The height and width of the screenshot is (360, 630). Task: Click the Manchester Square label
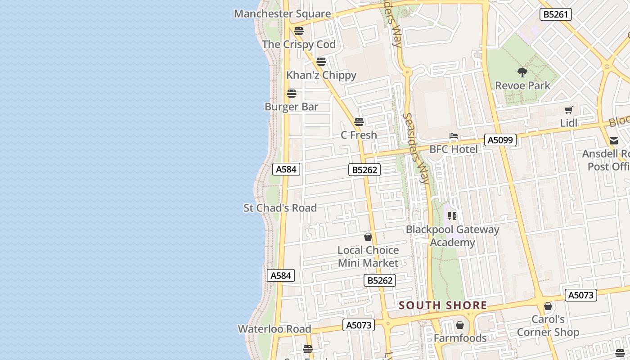(282, 13)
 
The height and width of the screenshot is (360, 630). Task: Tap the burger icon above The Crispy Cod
(299, 31)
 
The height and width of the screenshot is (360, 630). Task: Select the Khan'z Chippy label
(321, 75)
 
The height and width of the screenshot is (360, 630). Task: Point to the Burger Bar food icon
(292, 94)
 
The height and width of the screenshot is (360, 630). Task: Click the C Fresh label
(359, 135)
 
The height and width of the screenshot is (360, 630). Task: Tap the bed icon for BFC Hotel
(454, 136)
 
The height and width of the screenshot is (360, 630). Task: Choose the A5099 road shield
(500, 140)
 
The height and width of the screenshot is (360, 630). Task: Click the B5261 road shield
(556, 14)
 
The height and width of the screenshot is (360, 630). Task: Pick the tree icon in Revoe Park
(522, 72)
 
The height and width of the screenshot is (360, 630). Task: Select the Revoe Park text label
(522, 85)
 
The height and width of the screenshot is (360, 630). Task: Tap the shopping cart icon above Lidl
(569, 110)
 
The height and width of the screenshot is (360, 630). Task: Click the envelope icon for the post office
(614, 141)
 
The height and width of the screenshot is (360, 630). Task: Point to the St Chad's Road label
(280, 208)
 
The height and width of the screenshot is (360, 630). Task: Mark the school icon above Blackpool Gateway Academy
(452, 216)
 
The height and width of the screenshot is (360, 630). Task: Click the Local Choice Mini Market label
(368, 256)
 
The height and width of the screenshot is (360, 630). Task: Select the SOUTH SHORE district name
(443, 306)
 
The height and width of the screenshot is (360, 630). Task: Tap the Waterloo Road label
(274, 329)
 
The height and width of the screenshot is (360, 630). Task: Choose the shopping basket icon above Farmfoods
(460, 325)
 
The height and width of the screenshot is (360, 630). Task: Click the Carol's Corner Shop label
(548, 326)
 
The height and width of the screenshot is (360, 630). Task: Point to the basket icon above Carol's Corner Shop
(548, 306)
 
